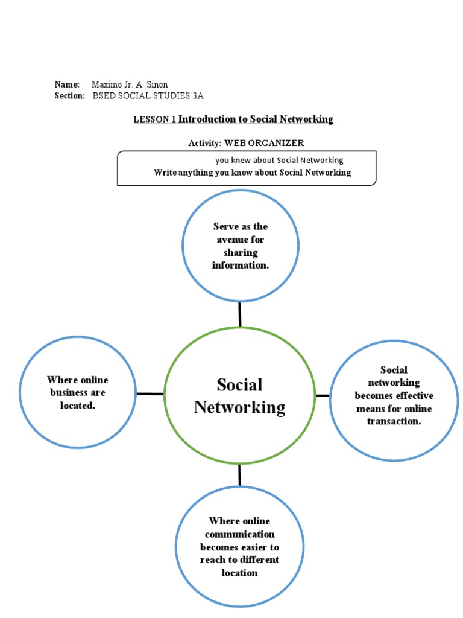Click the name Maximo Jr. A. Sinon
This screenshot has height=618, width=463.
pos(129,84)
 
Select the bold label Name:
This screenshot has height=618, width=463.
pos(67,84)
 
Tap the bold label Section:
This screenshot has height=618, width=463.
pos(69,96)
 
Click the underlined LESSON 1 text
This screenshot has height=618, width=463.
pos(154,119)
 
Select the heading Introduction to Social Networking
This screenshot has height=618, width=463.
pos(256,119)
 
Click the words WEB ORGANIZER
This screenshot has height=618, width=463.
pos(264,143)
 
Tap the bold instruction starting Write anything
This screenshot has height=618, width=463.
pos(252,173)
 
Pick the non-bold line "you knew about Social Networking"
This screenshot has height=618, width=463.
pos(279,160)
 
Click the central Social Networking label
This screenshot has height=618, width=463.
pos(239,396)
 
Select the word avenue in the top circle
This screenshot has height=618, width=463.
pos(241,240)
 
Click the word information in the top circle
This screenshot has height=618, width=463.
pos(240,265)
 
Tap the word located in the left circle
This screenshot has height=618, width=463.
pos(77,406)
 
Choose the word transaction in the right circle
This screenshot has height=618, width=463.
pos(394,421)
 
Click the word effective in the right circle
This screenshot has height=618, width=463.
pos(414,396)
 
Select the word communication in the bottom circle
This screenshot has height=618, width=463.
pos(239,534)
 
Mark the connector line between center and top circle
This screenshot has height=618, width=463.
pos(240,314)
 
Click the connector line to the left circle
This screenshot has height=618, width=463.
pos(150,394)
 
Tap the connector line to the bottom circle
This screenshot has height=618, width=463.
pos(239,475)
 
